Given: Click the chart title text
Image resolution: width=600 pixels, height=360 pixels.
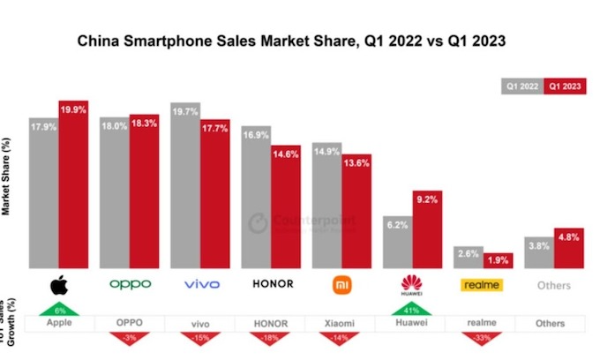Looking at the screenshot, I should tap(295, 41).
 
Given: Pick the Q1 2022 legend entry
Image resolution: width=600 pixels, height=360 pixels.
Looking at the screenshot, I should tap(521, 86).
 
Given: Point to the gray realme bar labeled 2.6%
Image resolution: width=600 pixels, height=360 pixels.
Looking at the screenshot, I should tap(468, 257).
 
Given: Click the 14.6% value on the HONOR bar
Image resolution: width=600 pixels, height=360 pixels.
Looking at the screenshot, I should tap(285, 153).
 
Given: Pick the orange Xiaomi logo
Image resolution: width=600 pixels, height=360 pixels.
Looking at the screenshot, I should tap(341, 285).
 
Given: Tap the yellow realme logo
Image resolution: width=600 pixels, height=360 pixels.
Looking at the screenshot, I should tap(482, 285).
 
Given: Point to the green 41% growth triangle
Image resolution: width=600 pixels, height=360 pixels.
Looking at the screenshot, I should tap(411, 310).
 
